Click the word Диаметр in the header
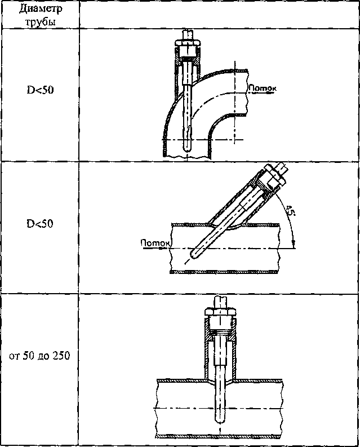click(41, 9)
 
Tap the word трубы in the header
click(41, 22)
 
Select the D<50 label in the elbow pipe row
click(40, 90)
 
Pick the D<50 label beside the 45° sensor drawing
click(40, 224)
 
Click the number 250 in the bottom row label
click(61, 356)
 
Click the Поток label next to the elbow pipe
click(263, 88)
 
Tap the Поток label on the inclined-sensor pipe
click(155, 243)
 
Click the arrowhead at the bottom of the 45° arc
click(294, 244)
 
